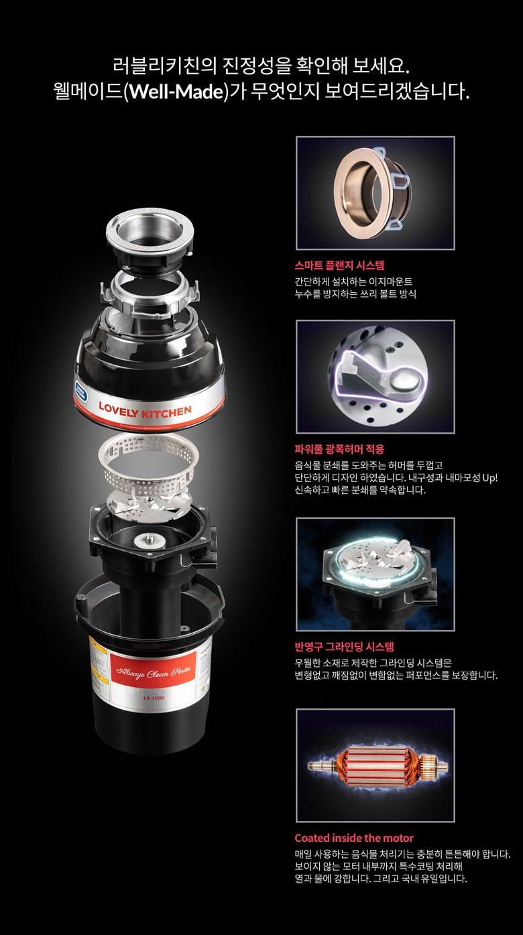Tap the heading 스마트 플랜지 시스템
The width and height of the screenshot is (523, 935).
click(339, 265)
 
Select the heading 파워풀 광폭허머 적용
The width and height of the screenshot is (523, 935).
click(339, 449)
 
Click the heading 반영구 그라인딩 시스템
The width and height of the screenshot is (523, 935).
click(344, 647)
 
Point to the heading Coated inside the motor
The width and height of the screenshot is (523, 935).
click(354, 838)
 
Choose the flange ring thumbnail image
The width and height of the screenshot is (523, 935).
click(375, 193)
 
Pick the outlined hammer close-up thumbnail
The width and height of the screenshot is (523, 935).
click(375, 377)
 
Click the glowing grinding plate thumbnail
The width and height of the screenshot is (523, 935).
click(375, 574)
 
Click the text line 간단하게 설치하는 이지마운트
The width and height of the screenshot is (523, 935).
click(358, 282)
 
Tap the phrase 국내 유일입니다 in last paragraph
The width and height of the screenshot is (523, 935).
click(432, 878)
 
